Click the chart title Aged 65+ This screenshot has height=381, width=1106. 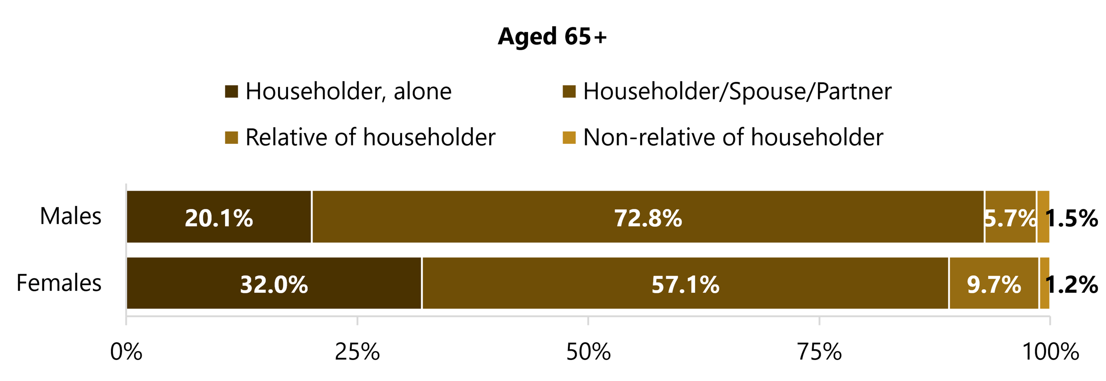coord(552,37)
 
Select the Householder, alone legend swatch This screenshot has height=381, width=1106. coord(231,91)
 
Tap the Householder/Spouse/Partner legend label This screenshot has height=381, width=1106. coord(737,91)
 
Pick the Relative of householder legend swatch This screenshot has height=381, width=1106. coord(231,138)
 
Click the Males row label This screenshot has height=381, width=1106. coord(70,216)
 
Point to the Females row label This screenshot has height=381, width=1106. coord(59,283)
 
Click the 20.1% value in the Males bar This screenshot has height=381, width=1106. coord(219,218)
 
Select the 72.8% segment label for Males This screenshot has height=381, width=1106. coord(648,218)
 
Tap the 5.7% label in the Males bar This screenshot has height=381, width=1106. coord(1010,218)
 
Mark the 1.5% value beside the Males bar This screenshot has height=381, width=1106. coord(1072,218)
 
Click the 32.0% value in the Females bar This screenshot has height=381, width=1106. coord(274,285)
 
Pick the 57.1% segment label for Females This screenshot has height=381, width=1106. coord(685,285)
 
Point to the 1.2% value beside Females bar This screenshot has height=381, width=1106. coord(1072,285)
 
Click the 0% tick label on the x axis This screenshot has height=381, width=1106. coord(126,352)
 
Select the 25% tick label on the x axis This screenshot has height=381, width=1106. coord(357,352)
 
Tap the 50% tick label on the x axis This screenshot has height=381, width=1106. coord(588,352)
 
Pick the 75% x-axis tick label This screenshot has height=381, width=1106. coord(819,352)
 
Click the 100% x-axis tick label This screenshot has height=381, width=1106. coord(1050,352)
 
